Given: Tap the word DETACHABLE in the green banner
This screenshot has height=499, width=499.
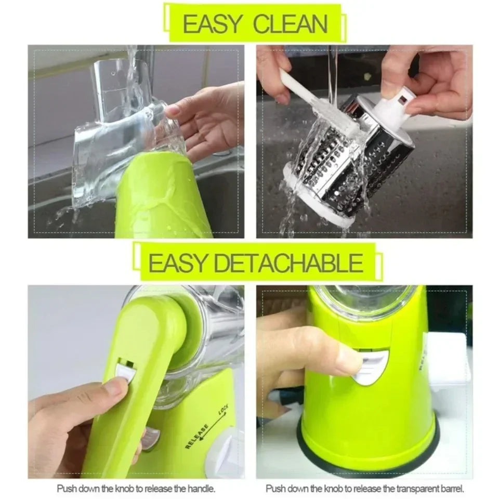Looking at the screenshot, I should coord(288,264).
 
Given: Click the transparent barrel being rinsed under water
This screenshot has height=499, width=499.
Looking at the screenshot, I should coord(125,140).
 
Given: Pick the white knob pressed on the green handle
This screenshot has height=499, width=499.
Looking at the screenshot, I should coord(125,371).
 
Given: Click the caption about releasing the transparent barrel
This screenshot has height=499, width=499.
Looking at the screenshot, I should coord(364,489).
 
